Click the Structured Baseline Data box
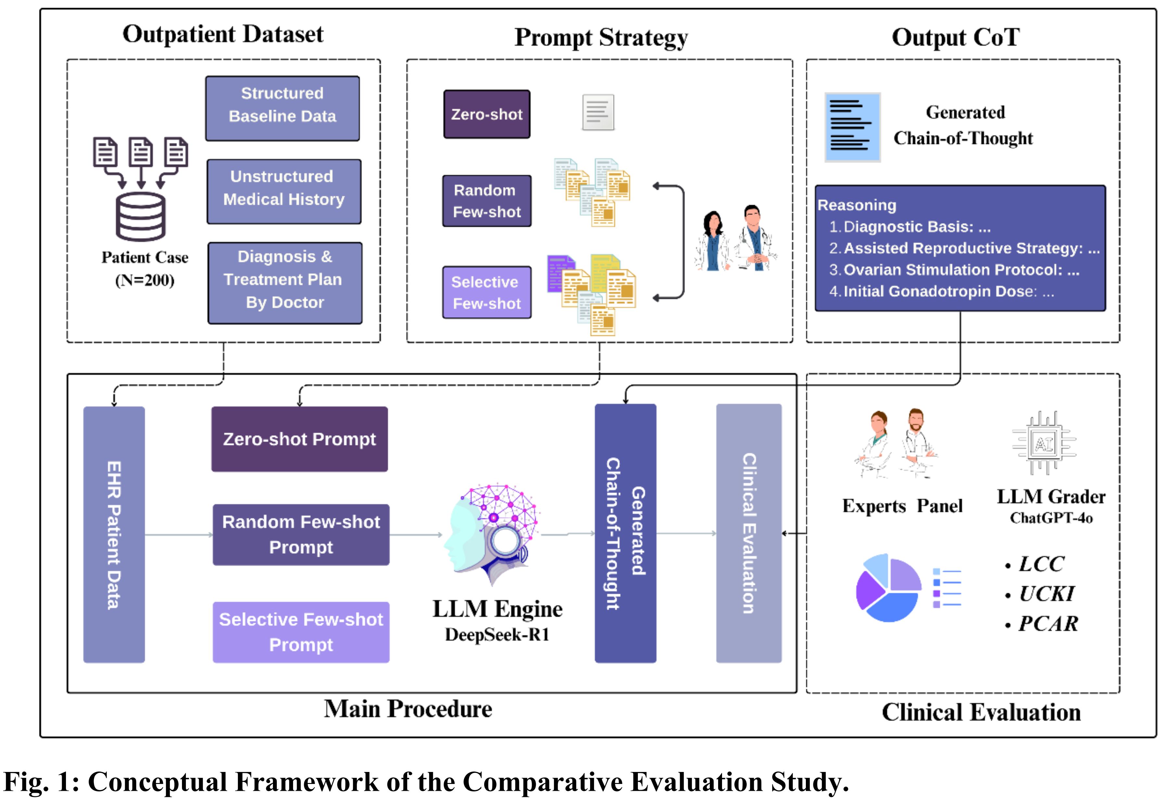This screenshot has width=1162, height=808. click(x=282, y=108)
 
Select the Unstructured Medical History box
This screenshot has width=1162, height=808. click(x=284, y=192)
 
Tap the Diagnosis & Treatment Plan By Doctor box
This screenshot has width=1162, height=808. click(x=285, y=283)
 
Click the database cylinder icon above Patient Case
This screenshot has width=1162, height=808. click(x=141, y=217)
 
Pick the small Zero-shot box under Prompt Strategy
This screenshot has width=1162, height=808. click(x=486, y=114)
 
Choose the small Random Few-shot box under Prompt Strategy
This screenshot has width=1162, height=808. click(x=486, y=201)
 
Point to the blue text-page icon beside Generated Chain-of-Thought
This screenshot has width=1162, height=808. click(x=852, y=127)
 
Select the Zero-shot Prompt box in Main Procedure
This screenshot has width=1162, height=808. click(x=300, y=439)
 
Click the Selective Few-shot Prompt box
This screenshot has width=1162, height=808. click(x=301, y=632)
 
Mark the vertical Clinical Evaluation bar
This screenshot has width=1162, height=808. click(x=749, y=533)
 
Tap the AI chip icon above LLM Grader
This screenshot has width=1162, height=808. click(x=1044, y=444)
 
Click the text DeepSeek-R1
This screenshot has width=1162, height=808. click(x=497, y=635)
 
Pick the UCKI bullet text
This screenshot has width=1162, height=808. click(x=1046, y=594)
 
